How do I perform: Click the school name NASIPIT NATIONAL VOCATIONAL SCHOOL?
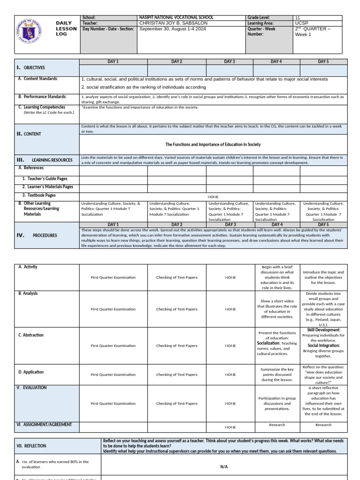click(x=176, y=18)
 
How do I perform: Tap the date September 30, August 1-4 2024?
click(x=172, y=29)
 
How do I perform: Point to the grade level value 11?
click(x=297, y=18)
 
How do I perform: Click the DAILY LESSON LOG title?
click(x=66, y=29)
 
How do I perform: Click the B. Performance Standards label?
click(x=43, y=97)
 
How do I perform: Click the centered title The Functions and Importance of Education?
click(x=213, y=144)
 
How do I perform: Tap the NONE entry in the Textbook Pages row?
click(x=213, y=197)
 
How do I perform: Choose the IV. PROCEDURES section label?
click(x=37, y=235)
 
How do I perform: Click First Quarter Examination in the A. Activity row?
click(x=113, y=277)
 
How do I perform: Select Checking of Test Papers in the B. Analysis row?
click(x=177, y=309)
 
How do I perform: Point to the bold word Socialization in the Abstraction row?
click(x=268, y=343)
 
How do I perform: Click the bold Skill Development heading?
click(x=323, y=330)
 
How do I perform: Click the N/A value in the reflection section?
click(x=224, y=467)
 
